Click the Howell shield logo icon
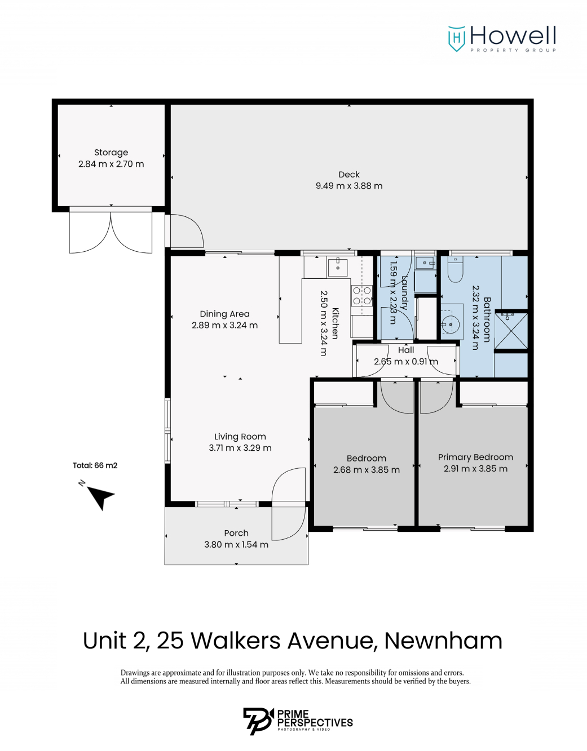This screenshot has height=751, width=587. tap(456, 39)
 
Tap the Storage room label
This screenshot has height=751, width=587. tap(111, 153)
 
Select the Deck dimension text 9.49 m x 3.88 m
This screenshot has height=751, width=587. tap(349, 186)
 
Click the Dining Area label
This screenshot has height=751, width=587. tap(224, 314)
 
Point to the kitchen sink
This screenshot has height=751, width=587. tap(338, 267)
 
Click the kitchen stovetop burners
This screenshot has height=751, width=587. tap(362, 296)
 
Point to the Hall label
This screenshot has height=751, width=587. tap(406, 350)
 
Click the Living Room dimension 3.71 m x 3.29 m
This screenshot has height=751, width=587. tap(240, 448)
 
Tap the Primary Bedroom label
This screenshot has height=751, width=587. tap(475, 457)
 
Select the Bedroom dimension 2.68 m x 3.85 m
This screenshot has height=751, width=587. tap(367, 470)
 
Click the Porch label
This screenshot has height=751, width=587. tap(236, 534)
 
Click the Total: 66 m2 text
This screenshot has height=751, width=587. tap(95, 465)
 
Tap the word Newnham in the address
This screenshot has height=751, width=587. tap(443, 641)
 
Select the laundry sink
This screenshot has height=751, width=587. tap(426, 263)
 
